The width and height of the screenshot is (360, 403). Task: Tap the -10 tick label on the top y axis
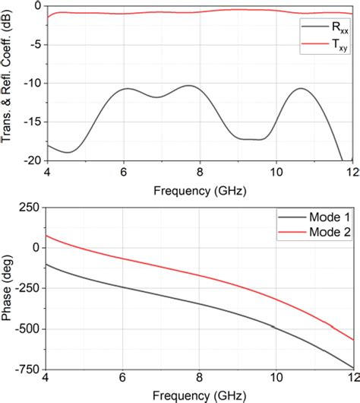click(32, 83)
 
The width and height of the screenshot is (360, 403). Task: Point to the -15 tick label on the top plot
click(32, 122)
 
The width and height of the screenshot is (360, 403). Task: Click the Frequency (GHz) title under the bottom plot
click(200, 396)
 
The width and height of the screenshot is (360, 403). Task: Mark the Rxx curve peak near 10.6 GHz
click(302, 88)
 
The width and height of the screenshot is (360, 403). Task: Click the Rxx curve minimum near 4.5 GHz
click(67, 152)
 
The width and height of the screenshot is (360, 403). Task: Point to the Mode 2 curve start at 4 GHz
click(47, 235)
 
